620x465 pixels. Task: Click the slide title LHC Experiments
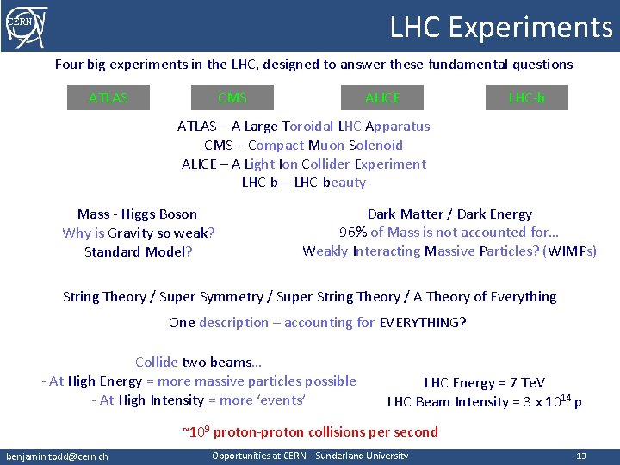tap(501, 27)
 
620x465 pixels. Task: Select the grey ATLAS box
tap(108, 98)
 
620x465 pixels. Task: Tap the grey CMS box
tap(232, 98)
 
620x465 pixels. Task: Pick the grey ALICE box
tap(382, 98)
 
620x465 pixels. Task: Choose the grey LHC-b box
tap(526, 98)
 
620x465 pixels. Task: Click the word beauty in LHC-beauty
tap(343, 183)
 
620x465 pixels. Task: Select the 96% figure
tap(354, 232)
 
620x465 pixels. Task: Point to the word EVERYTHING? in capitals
tap(423, 323)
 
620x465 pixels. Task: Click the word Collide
tap(157, 363)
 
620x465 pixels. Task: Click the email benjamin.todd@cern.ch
tap(57, 456)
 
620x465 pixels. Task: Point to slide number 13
tap(581, 456)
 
